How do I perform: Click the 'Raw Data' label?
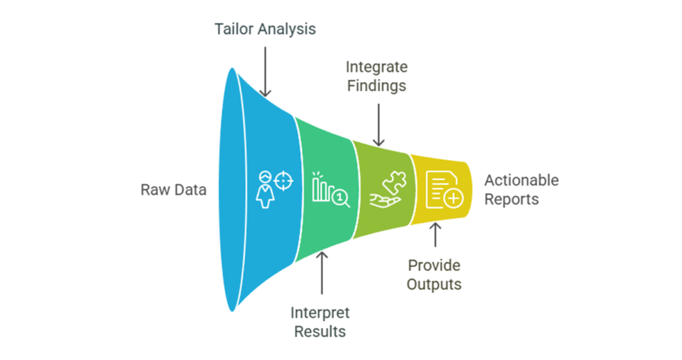click(173, 189)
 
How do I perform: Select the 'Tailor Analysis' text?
click(264, 29)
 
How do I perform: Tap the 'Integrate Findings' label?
click(377, 76)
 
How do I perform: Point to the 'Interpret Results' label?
click(320, 321)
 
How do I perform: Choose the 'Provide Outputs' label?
click(434, 274)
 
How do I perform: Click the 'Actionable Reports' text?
click(521, 189)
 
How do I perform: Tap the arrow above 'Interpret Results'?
click(321, 276)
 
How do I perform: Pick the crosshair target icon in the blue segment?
click(282, 181)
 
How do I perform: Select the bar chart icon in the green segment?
click(322, 186)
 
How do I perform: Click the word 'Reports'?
click(511, 199)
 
